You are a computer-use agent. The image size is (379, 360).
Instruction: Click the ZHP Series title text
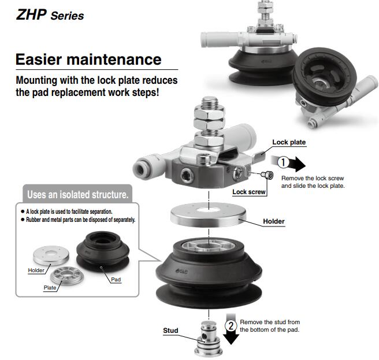tap(50, 15)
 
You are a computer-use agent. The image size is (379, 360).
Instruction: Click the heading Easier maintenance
tap(88, 60)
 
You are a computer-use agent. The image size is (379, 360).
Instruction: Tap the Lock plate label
tap(289, 142)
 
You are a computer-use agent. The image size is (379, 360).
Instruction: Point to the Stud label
tap(170, 331)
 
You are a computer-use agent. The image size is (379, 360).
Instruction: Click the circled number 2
tap(231, 325)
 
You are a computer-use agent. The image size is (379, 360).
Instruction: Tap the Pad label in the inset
tap(116, 279)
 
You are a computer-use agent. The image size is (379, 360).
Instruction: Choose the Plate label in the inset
tap(50, 287)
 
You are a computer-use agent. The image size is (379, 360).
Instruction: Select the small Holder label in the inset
tap(36, 270)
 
